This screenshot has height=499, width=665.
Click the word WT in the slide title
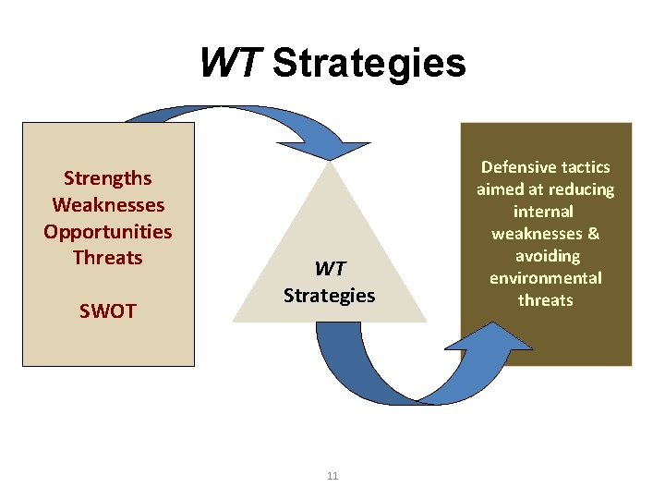click(x=231, y=63)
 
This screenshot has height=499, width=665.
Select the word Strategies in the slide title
click(x=369, y=63)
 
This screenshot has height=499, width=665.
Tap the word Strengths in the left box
click(x=107, y=177)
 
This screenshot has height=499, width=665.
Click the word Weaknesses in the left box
click(x=108, y=204)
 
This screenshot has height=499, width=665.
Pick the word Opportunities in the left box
click(x=107, y=231)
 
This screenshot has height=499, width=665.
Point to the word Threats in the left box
click(x=107, y=258)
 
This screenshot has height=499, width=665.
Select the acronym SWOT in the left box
click(x=107, y=311)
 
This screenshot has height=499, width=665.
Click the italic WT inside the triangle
click(x=329, y=269)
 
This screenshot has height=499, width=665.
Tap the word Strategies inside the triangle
click(x=329, y=296)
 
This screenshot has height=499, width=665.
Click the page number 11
click(x=332, y=476)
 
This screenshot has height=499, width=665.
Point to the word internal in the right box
click(x=545, y=212)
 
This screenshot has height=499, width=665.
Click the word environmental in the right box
click(x=545, y=278)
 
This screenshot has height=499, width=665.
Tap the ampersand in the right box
click(x=592, y=234)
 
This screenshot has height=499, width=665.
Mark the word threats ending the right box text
click(x=545, y=300)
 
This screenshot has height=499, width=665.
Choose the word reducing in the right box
click(x=582, y=189)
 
